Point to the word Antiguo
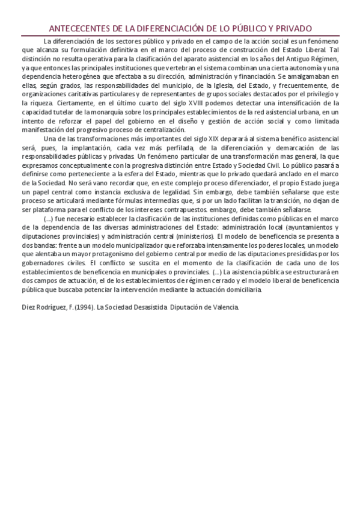tap(294, 59)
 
